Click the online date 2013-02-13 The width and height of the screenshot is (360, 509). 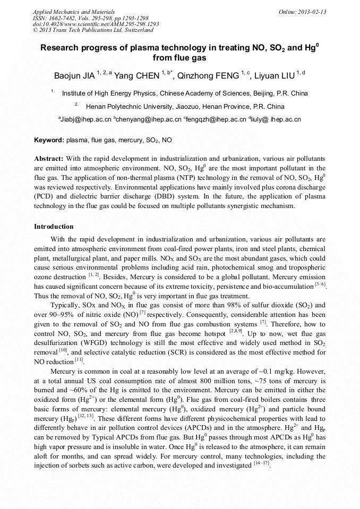click(312, 12)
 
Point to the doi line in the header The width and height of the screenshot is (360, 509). click(96, 24)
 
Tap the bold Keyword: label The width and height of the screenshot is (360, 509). click(49, 141)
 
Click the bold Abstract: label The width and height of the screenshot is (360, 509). click(49, 159)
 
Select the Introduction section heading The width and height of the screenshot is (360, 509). click(54, 227)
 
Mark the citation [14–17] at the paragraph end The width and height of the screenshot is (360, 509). click(261, 464)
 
